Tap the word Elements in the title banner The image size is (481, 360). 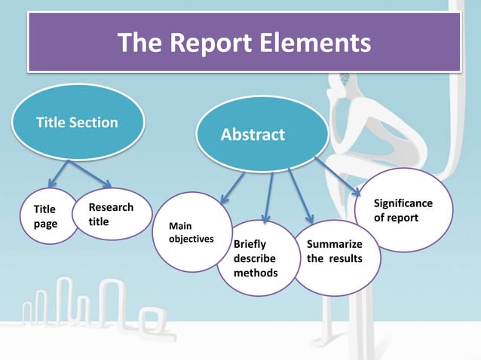[x=317, y=43]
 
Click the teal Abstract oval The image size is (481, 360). [x=253, y=135]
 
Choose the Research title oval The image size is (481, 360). [x=111, y=214]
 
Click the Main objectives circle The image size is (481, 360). [x=191, y=232]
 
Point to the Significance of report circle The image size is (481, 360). [x=403, y=210]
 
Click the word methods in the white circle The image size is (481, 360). [x=256, y=272]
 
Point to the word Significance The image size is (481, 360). [x=403, y=203]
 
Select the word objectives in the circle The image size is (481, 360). [x=191, y=239]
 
